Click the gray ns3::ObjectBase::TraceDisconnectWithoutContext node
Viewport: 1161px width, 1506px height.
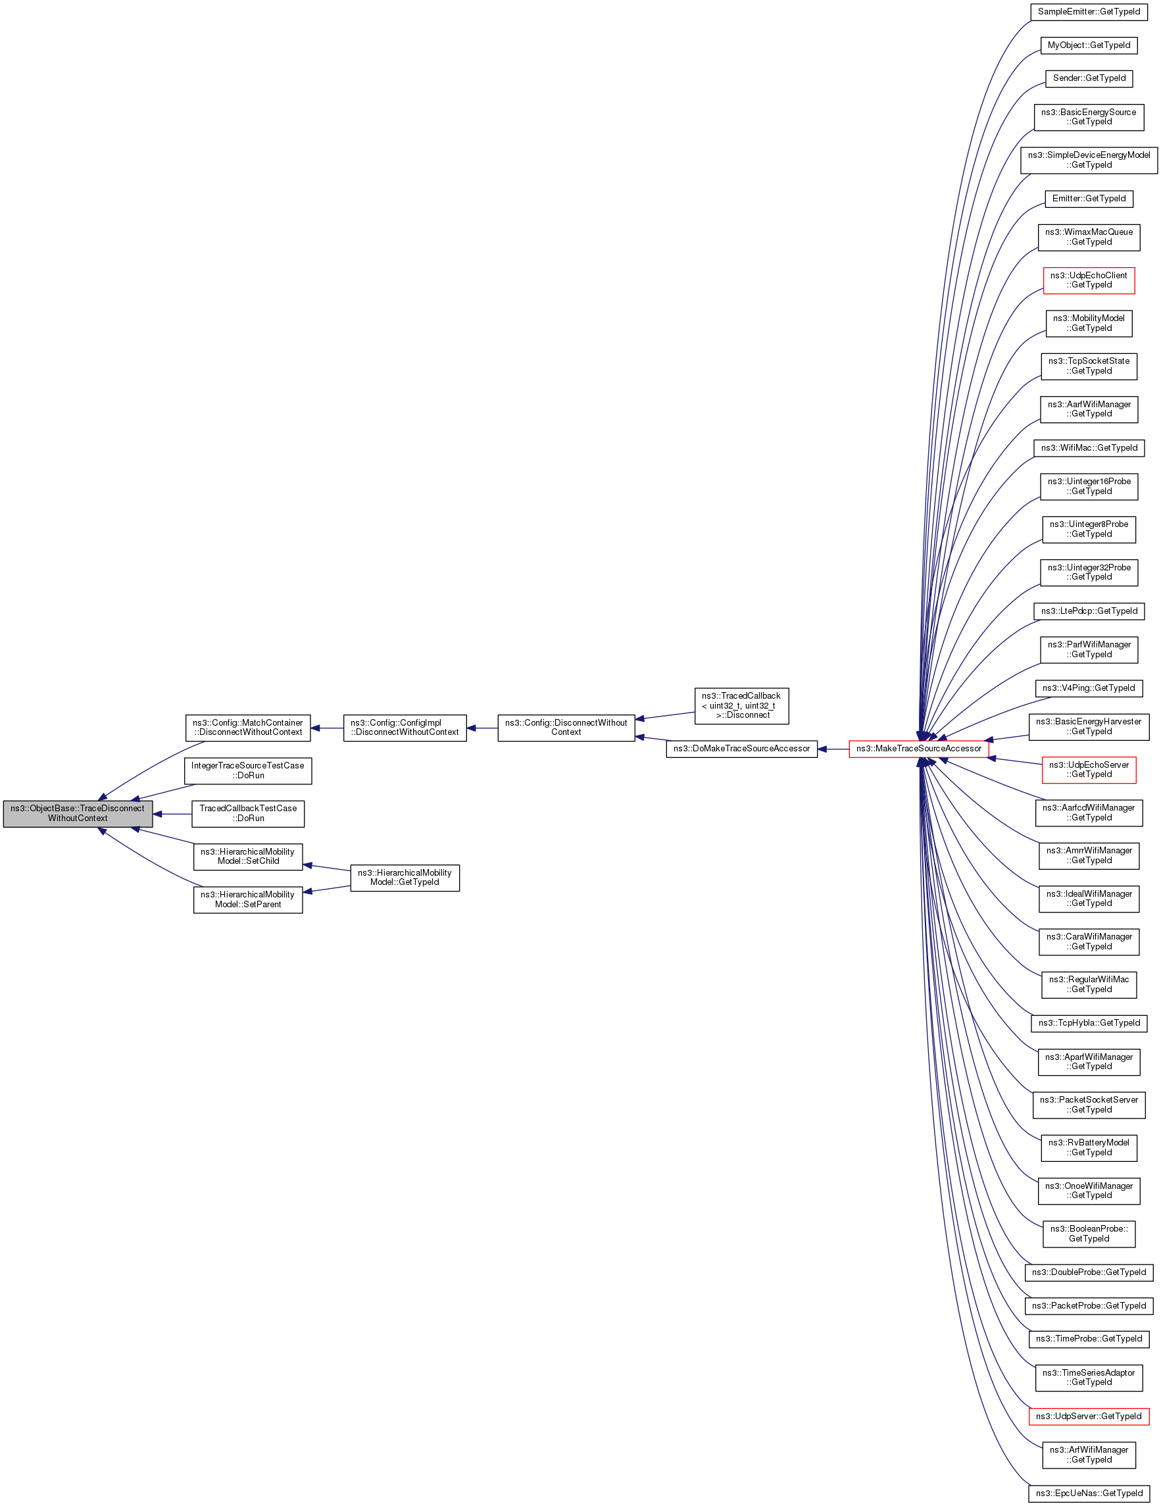tap(77, 814)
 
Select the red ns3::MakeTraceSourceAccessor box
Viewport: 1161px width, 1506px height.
tap(918, 749)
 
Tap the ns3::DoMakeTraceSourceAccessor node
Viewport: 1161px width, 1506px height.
tap(741, 749)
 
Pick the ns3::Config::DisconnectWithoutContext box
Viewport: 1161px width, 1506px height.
tap(565, 728)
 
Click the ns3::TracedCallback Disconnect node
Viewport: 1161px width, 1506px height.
tap(741, 705)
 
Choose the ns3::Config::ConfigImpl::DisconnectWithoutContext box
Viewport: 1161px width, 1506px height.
tap(405, 728)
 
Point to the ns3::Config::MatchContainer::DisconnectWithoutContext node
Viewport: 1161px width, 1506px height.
tap(247, 728)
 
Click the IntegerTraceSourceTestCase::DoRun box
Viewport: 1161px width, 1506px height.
tap(247, 770)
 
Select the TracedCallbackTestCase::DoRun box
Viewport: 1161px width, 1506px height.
tap(247, 814)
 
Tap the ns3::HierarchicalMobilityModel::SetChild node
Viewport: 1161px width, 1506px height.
tap(247, 857)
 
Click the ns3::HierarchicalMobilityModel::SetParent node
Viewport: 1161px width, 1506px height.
tap(247, 899)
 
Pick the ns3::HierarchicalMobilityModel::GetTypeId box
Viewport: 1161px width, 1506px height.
tap(405, 878)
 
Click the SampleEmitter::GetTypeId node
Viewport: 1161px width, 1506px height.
tap(1089, 12)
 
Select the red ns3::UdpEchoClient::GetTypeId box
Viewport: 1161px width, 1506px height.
tap(1089, 280)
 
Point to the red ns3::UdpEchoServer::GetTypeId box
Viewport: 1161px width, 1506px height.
tap(1089, 770)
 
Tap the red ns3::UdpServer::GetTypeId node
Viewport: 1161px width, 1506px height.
tap(1089, 1417)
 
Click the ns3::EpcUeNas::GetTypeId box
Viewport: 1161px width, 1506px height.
tap(1089, 1493)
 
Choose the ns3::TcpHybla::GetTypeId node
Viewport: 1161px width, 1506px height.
tap(1089, 1023)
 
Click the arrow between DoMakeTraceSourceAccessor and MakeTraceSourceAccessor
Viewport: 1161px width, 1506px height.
tap(833, 749)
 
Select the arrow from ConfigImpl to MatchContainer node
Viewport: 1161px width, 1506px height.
tap(327, 728)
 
